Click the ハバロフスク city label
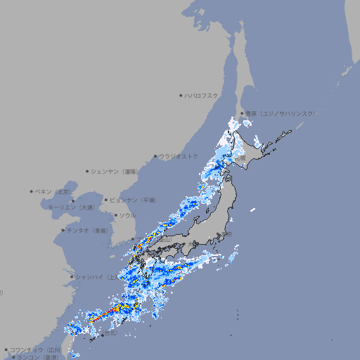coord(202,96)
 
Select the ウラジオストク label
coord(179,156)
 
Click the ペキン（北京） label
coord(54,191)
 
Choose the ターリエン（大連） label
coord(71,207)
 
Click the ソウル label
coord(127,215)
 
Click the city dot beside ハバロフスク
coord(181,96)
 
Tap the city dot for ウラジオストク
coord(155,156)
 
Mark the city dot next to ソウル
coord(115,215)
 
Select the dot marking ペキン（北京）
coord(32,191)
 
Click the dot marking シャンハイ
coord(72,276)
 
